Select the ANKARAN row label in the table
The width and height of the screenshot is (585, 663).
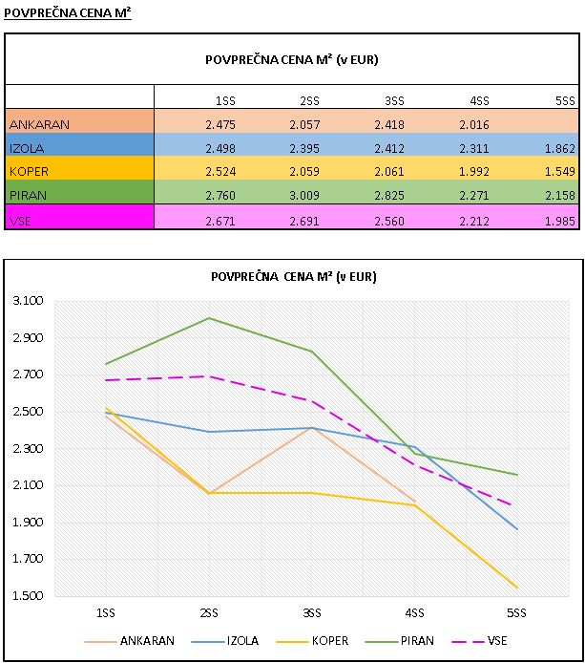(79, 124)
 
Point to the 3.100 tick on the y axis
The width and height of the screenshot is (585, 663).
(30, 301)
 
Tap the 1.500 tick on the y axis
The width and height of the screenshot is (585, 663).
(30, 596)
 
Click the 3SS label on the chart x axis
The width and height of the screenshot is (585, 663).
(311, 610)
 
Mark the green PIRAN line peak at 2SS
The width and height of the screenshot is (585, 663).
(209, 318)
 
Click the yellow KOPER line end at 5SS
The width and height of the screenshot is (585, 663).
(516, 588)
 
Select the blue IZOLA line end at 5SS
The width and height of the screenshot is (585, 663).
(516, 529)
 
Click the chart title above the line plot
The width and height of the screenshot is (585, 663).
(293, 277)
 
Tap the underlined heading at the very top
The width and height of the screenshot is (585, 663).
(67, 11)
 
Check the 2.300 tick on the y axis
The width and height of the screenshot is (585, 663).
(30, 449)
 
